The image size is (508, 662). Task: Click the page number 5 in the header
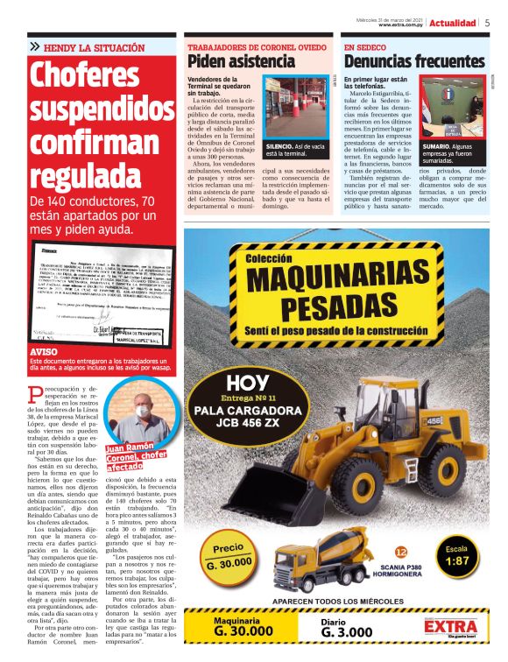(487, 23)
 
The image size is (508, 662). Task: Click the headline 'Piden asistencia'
(241, 62)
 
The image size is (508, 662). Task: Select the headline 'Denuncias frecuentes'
(413, 62)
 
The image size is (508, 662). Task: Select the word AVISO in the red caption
(44, 352)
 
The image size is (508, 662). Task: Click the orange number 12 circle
(401, 553)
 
